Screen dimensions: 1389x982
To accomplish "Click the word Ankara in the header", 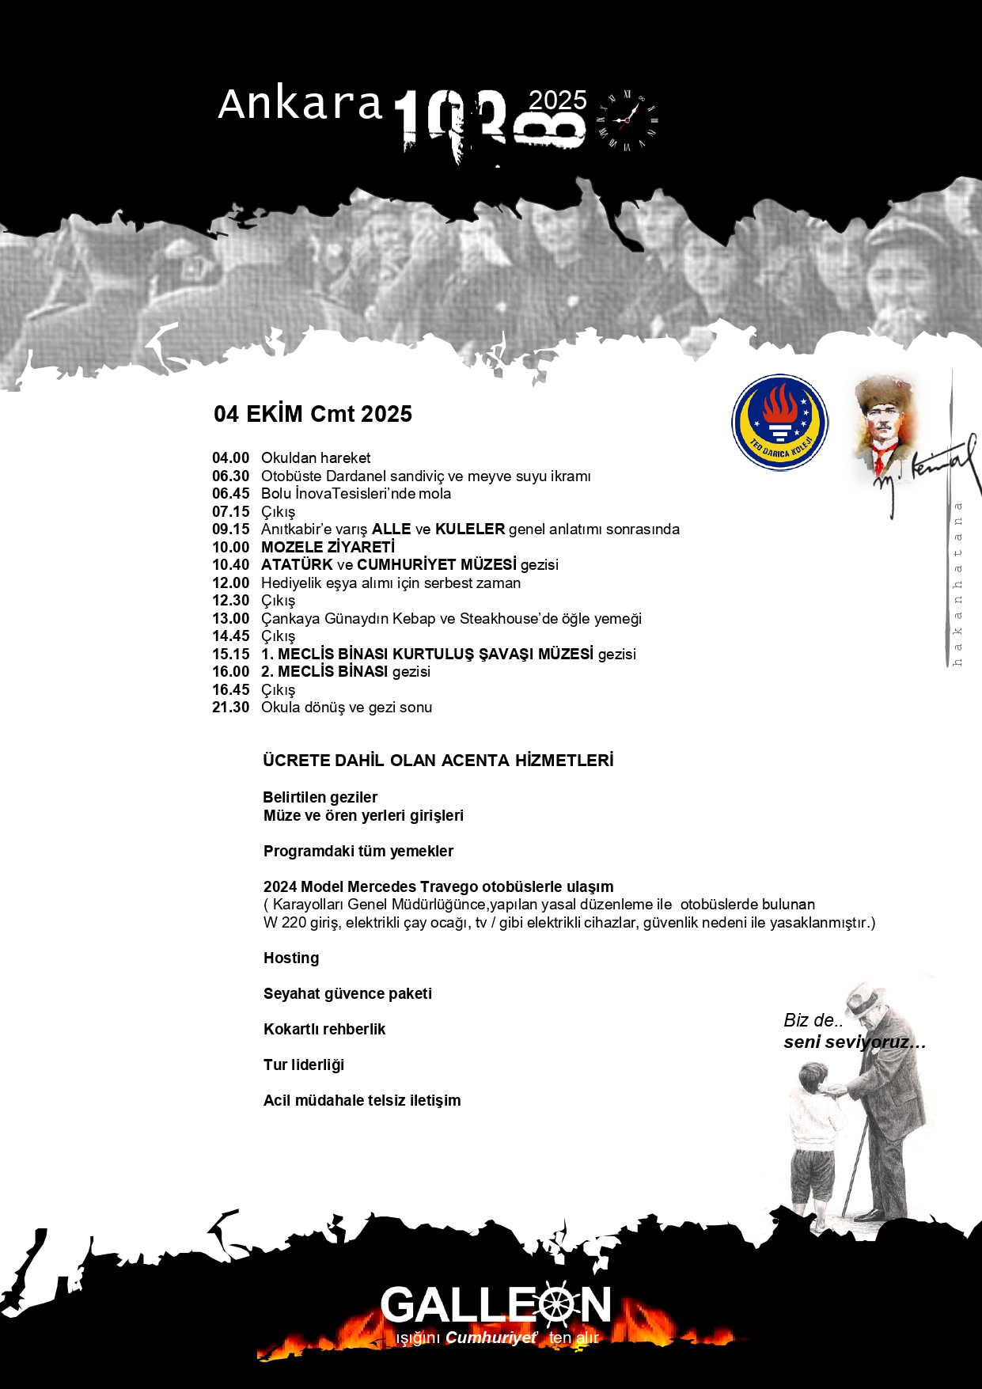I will (x=300, y=104).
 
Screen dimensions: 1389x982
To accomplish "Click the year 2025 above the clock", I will (x=557, y=101).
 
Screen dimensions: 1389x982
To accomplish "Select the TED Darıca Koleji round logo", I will (x=779, y=422).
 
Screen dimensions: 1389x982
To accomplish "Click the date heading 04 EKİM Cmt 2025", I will (x=313, y=414).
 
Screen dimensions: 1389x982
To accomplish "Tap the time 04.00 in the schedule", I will (x=230, y=458).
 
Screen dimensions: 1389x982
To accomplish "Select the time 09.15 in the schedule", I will (x=230, y=529).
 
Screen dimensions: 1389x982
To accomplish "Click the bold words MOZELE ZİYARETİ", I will (x=328, y=547).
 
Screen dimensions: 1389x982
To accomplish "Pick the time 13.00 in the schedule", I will (x=230, y=619).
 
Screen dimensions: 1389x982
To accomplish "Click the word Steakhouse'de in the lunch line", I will (x=517, y=619).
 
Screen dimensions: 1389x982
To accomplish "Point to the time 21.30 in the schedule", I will (x=230, y=708).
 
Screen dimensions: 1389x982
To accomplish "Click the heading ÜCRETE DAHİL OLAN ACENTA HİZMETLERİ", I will (x=438, y=761).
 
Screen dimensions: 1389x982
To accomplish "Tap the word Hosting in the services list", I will (x=291, y=958).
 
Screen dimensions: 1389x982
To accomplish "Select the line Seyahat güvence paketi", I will (x=347, y=993).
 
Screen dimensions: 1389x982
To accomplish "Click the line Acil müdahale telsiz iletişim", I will (x=362, y=1100).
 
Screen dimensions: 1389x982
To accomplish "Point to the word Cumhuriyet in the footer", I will (x=491, y=1338).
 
